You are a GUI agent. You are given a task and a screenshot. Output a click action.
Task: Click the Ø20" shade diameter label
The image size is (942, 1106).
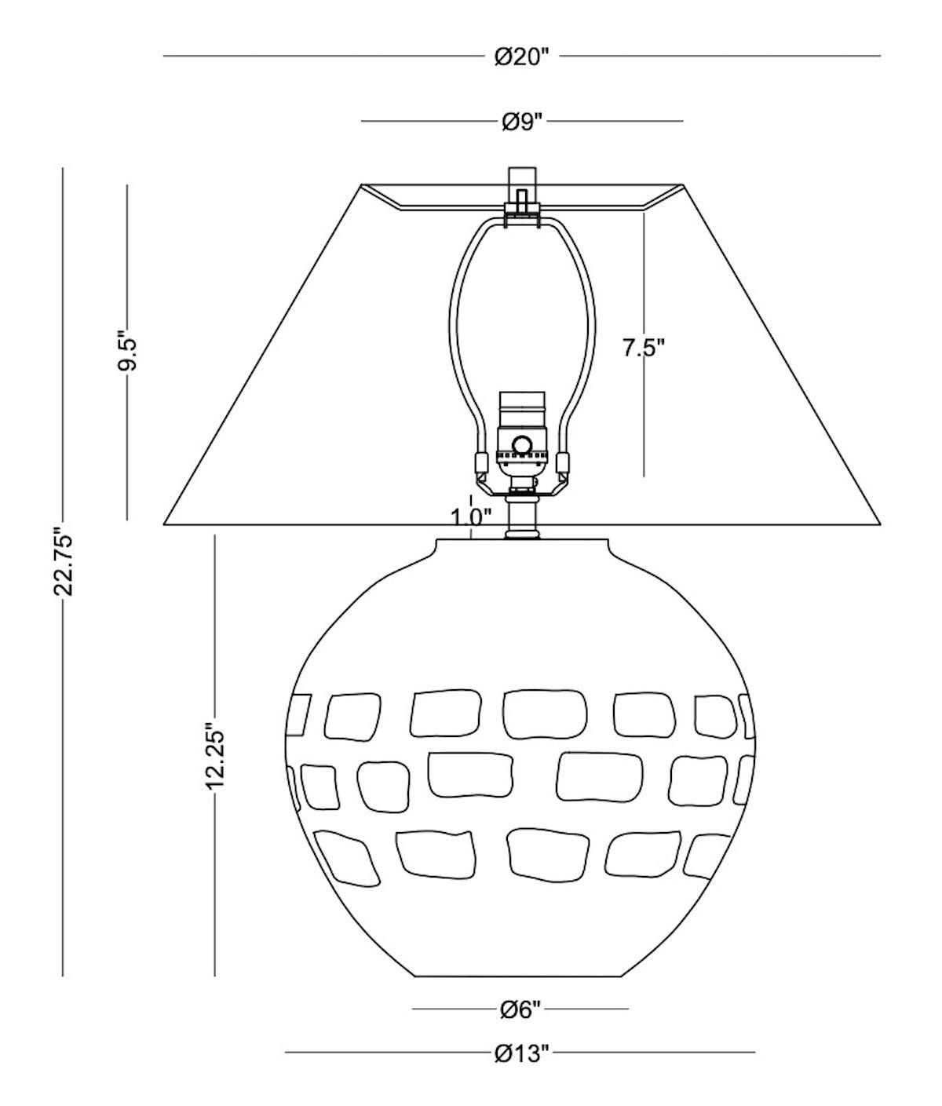pyautogui.click(x=520, y=57)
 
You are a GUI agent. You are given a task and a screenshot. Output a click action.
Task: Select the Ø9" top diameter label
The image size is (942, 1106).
pyautogui.click(x=521, y=122)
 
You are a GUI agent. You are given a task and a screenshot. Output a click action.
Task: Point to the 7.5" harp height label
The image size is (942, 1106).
pyautogui.click(x=644, y=348)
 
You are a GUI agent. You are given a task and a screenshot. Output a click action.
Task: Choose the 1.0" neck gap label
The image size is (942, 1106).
pyautogui.click(x=471, y=516)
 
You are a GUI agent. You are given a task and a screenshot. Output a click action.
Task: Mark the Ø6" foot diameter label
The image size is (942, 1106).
pyautogui.click(x=520, y=1009)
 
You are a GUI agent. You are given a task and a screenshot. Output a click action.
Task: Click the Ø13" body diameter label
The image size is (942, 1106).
pyautogui.click(x=520, y=1052)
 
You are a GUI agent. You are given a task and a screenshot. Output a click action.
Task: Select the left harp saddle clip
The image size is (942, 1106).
pyautogui.click(x=479, y=464)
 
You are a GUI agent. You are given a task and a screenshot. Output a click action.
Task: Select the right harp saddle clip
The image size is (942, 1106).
pyautogui.click(x=563, y=464)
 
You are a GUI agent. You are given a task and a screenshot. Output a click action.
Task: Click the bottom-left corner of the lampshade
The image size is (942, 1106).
pyautogui.click(x=164, y=524)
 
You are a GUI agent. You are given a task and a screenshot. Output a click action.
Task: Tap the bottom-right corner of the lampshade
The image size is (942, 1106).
pyautogui.click(x=878, y=524)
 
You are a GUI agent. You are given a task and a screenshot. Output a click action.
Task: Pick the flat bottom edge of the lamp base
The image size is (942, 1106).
pyautogui.click(x=520, y=976)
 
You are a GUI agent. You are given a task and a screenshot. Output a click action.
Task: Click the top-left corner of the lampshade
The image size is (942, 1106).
pyautogui.click(x=361, y=185)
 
